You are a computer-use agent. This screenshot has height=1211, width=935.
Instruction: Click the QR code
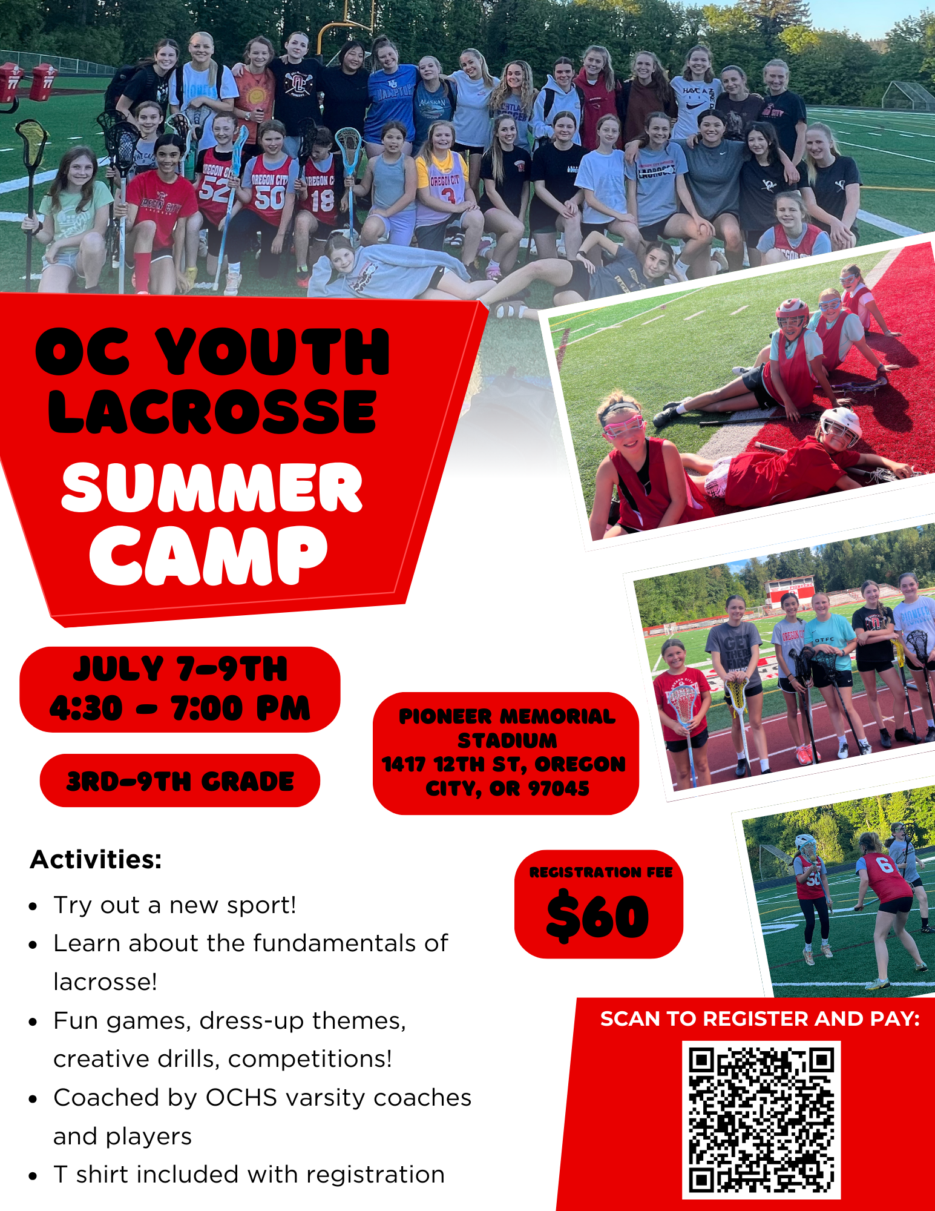[x=761, y=1120]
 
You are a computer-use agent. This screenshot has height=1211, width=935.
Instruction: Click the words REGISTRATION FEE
[x=601, y=872]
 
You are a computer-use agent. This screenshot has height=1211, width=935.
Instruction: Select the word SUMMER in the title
[x=212, y=487]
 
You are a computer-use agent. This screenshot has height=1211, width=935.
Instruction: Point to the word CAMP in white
[x=209, y=555]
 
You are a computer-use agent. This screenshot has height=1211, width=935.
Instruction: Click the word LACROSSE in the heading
[x=212, y=412]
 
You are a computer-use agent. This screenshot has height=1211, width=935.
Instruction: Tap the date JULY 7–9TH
[x=180, y=669]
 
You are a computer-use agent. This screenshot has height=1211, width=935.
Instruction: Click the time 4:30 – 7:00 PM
[x=180, y=708]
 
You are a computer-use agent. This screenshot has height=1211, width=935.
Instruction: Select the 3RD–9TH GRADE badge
[x=180, y=780]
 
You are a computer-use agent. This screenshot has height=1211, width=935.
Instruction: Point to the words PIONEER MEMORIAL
[x=507, y=716]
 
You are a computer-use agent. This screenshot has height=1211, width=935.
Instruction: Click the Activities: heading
[x=96, y=859]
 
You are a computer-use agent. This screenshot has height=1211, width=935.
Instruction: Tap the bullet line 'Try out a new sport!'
[x=174, y=905]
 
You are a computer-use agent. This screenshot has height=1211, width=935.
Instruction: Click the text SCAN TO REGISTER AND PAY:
[x=760, y=1019]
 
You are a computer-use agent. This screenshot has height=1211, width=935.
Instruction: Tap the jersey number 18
[x=322, y=199]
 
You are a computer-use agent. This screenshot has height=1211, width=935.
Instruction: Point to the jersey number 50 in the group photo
[x=269, y=197]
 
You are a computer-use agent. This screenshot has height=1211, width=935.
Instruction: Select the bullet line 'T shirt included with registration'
[x=249, y=1175]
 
